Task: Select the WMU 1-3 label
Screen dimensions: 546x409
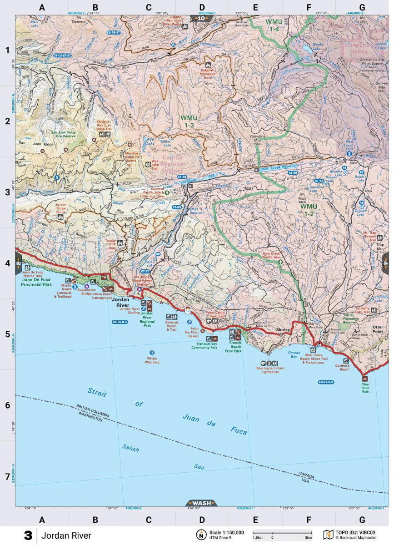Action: point(189,121)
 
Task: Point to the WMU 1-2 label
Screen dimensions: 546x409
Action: point(308,209)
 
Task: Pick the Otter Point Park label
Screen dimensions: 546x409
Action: point(365,388)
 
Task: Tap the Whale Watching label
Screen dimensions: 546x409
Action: point(152,360)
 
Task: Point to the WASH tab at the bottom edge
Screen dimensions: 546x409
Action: point(202,503)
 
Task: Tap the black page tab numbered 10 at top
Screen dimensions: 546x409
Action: point(201,19)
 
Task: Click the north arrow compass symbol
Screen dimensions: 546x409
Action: point(200,535)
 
